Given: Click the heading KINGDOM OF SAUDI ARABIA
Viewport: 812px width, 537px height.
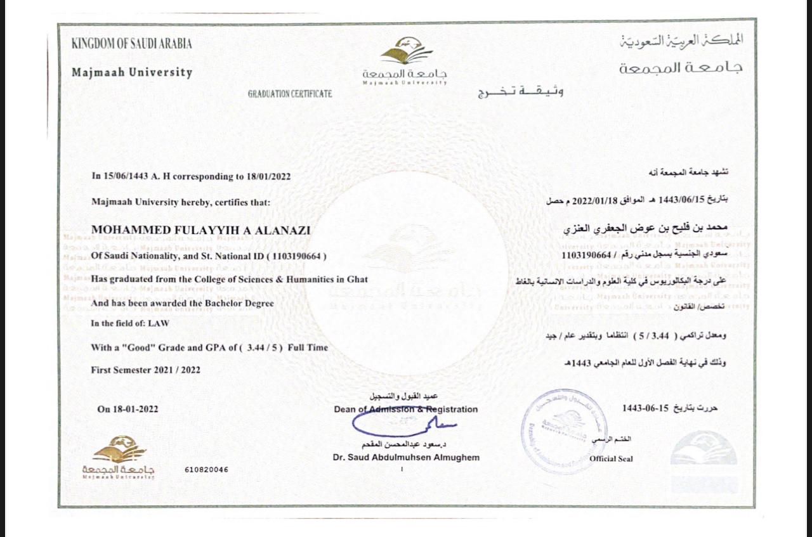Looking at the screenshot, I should click(x=132, y=44).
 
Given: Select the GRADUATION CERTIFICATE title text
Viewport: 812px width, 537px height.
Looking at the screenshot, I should click(x=290, y=94).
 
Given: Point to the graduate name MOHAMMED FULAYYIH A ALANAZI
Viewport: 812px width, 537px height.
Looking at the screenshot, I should click(x=201, y=230).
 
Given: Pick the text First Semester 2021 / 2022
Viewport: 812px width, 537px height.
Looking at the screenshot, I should click(x=146, y=370).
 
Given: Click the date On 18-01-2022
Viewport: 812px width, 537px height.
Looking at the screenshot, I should click(x=128, y=409).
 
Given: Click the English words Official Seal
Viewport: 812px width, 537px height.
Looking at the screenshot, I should click(x=611, y=458).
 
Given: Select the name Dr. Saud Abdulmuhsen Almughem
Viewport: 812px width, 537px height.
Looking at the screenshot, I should click(x=406, y=458).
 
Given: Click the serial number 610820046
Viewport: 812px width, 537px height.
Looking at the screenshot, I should click(x=207, y=470).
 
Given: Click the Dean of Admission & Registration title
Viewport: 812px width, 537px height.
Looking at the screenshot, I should click(x=406, y=410).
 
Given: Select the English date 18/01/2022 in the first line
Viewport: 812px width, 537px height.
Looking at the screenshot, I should click(x=269, y=177).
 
